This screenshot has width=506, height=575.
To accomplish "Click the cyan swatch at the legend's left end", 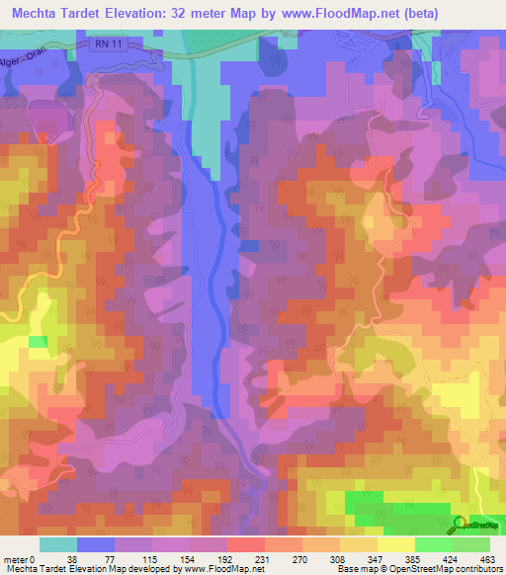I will point(58,543).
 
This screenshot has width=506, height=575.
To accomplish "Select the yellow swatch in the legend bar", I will point(395,543).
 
